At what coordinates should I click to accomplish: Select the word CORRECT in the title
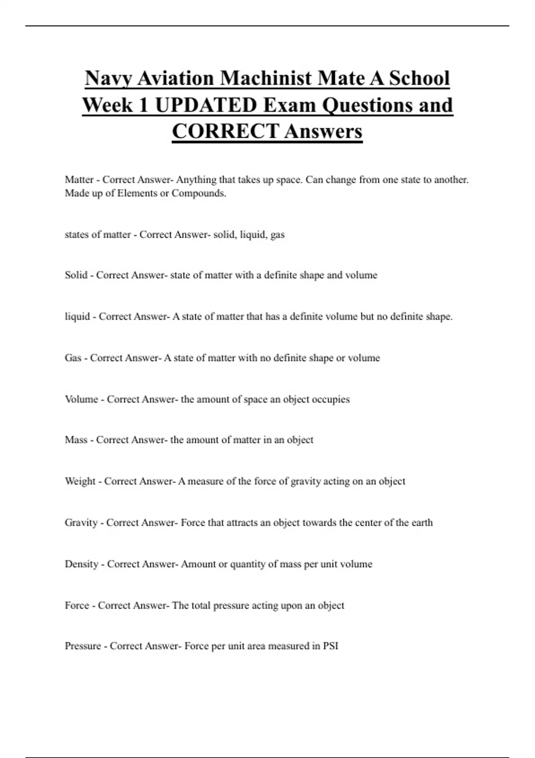[226, 132]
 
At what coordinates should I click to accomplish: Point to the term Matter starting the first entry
[79, 180]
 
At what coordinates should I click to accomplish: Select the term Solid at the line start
[76, 275]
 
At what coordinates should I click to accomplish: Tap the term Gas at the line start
[73, 358]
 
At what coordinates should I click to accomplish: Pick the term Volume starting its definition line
[81, 399]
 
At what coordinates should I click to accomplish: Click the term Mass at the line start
[76, 440]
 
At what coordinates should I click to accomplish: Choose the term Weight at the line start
[80, 481]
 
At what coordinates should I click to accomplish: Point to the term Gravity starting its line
[81, 523]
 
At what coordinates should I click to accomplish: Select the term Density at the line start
[81, 564]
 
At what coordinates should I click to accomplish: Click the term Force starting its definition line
[77, 606]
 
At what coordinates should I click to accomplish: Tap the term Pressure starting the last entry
[83, 646]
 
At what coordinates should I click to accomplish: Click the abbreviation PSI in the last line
[330, 646]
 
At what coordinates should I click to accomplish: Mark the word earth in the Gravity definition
[422, 523]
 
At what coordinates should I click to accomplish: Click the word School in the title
[419, 78]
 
